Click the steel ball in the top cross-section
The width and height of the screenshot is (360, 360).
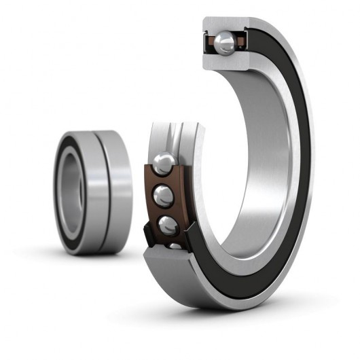[x=225, y=43]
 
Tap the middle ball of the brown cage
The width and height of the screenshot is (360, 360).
[x=164, y=196]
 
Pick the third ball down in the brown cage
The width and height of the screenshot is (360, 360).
[x=168, y=225]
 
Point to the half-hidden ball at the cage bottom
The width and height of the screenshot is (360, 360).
[x=175, y=245]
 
